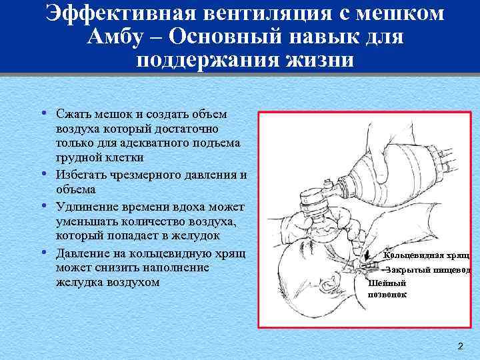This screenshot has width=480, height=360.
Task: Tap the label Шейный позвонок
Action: (387, 288)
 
